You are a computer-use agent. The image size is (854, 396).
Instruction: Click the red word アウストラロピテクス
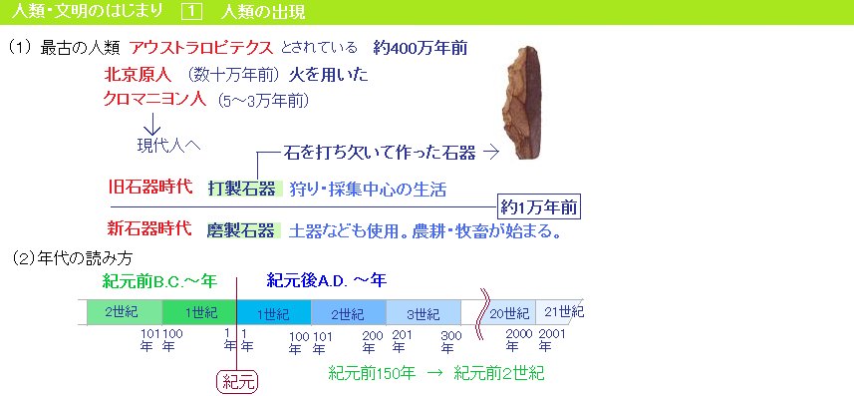pos(201,48)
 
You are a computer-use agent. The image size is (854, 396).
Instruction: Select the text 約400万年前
pos(421,48)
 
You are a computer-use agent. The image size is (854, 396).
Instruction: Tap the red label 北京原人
pos(138,74)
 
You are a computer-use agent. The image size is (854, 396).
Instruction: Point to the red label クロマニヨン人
pos(154,100)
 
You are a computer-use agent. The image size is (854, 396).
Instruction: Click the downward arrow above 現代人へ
pos(151,124)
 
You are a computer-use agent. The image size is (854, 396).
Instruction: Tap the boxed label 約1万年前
pos(539,207)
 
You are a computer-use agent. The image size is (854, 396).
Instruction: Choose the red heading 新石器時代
pos(150,228)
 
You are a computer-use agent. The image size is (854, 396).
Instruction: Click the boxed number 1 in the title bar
pos(191,12)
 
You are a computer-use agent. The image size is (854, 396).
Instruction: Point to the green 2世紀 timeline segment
pos(125,312)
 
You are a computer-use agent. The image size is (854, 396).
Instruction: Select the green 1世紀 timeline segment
pos(200,312)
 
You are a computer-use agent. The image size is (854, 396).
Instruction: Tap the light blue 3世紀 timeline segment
pos(424,312)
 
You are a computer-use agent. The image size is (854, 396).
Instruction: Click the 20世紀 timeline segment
pos(509,312)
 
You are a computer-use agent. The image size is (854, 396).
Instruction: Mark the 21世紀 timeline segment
pos(560,312)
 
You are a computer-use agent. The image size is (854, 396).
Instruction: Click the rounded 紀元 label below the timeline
pos(237,382)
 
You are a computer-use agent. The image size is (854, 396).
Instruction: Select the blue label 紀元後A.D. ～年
pos(326,281)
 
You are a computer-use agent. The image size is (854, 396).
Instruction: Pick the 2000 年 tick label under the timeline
pos(518,340)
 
